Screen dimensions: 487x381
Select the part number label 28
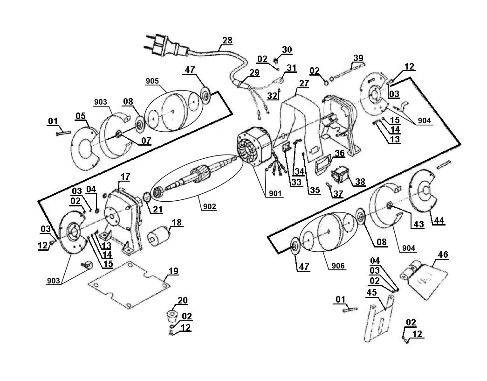click(x=227, y=41)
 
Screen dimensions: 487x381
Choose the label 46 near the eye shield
click(x=443, y=254)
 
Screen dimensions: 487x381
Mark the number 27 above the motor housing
click(x=304, y=83)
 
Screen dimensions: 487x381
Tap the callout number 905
click(x=152, y=81)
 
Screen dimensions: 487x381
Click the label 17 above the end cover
click(x=125, y=176)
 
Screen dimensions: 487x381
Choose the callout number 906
click(x=338, y=266)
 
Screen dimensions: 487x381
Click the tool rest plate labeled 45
click(x=379, y=317)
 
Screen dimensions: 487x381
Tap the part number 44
click(x=439, y=220)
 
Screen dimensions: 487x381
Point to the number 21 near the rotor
click(x=158, y=209)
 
